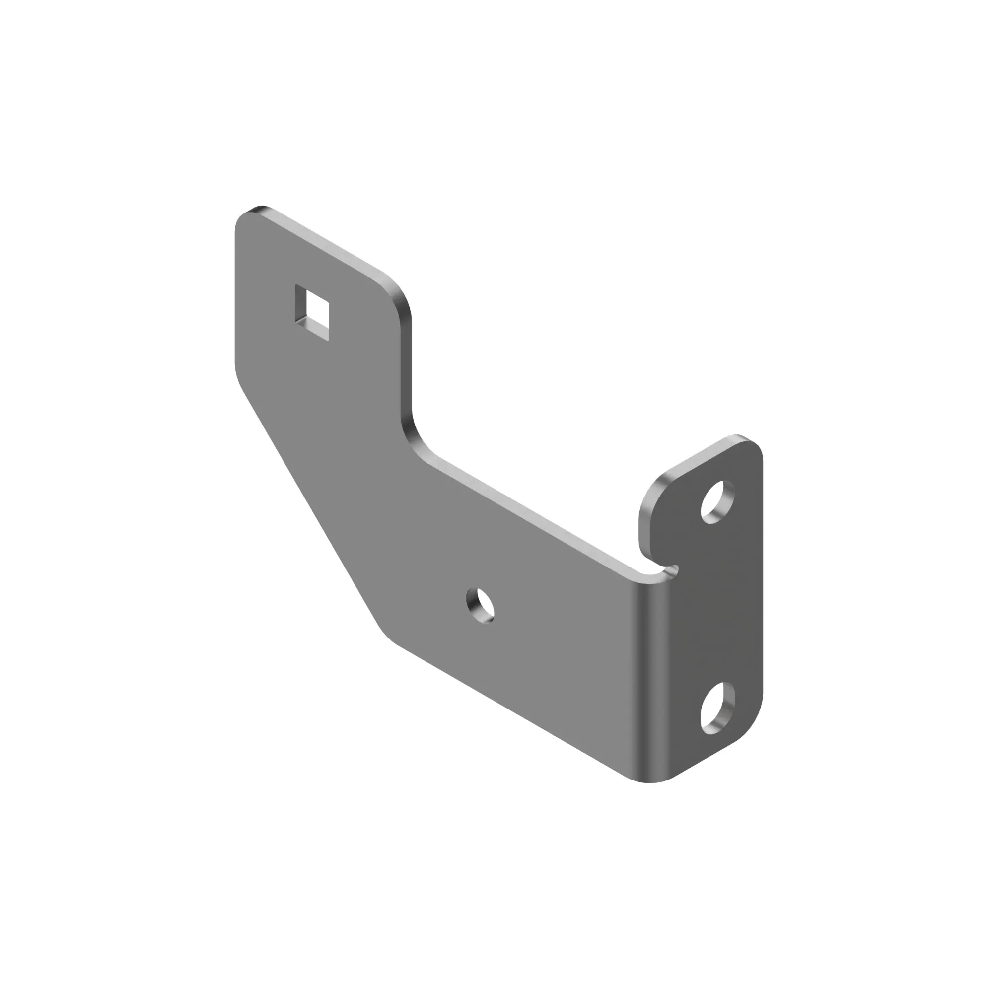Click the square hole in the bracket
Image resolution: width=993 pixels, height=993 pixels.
click(312, 312)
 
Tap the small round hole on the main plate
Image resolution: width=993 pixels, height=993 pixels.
click(481, 607)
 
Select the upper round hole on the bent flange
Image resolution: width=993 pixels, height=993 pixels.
click(718, 501)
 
